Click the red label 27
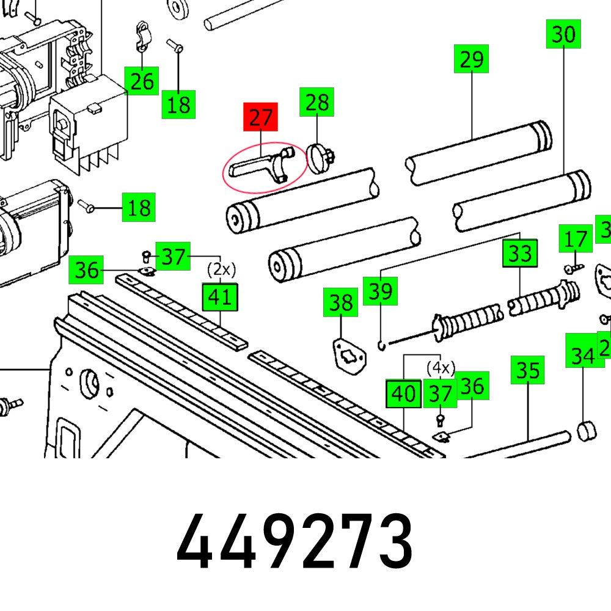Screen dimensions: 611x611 (260, 117)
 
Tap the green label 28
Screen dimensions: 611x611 (316, 102)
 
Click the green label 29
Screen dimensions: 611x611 (472, 59)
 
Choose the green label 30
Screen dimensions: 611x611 (563, 34)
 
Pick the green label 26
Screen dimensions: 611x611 (142, 81)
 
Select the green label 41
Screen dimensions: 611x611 (220, 297)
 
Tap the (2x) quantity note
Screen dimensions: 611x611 (221, 269)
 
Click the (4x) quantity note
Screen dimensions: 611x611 (441, 368)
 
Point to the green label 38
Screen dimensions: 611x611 (341, 302)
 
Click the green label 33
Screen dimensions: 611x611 (520, 253)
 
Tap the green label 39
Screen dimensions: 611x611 (381, 291)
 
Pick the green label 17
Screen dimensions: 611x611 (576, 239)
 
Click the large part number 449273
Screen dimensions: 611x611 (295, 541)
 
